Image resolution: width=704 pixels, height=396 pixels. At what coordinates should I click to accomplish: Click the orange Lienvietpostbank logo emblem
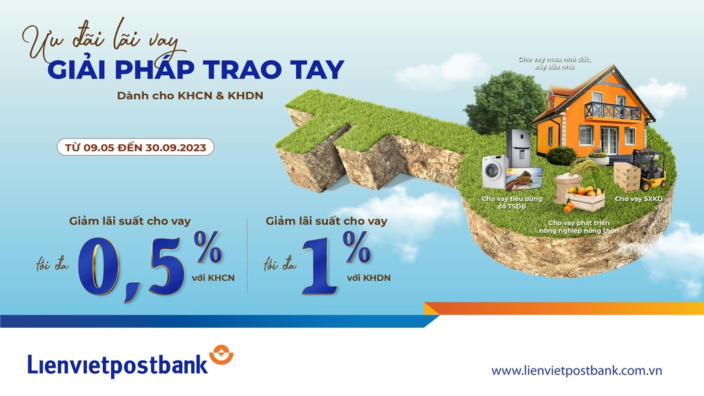[222, 355]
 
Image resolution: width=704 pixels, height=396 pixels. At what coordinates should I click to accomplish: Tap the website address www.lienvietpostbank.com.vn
[577, 370]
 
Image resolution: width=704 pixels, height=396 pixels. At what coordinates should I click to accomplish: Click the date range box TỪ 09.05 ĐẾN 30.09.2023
[135, 147]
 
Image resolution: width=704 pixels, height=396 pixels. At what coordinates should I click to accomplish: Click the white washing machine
[495, 171]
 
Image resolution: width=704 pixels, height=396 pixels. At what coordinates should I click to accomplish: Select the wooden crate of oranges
[585, 197]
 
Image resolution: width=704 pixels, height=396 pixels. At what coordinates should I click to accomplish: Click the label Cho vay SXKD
[634, 199]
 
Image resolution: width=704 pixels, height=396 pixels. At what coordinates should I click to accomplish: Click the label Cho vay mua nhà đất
[555, 59]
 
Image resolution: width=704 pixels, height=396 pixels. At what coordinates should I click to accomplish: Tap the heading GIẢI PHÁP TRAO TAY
[195, 70]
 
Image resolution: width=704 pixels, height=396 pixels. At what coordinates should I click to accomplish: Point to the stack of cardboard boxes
[626, 177]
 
